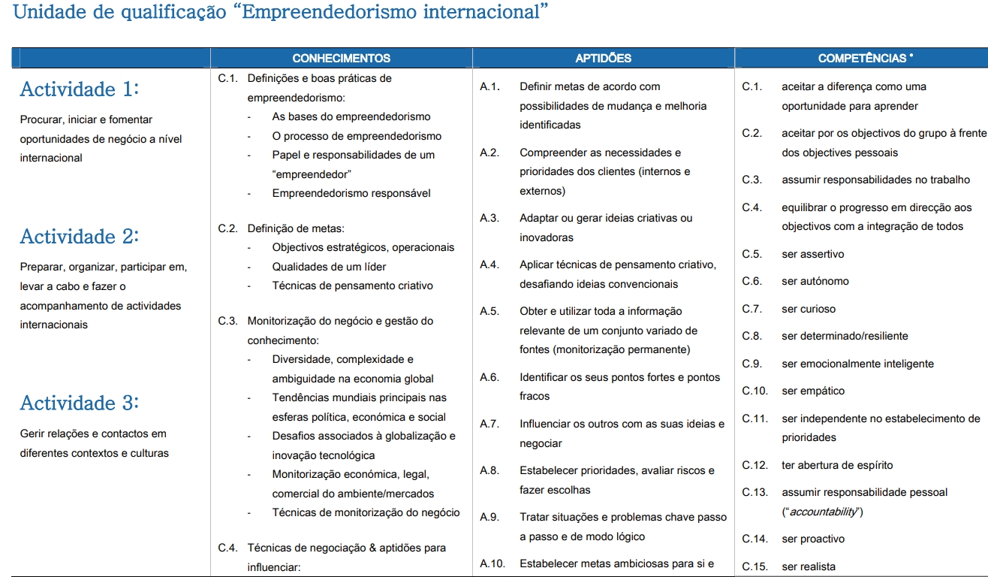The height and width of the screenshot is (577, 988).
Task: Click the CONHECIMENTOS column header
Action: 341,58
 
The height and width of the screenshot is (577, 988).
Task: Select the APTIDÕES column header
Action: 603,58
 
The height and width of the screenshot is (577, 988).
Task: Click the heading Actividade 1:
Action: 80,89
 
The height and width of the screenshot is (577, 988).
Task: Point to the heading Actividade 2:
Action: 80,237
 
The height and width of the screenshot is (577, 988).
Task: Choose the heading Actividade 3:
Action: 80,403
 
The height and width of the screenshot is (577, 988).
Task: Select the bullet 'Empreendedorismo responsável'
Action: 351,193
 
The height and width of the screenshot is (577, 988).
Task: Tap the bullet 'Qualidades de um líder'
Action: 330,267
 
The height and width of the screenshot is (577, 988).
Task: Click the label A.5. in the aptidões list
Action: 489,311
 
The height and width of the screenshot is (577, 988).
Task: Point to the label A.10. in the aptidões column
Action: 492,563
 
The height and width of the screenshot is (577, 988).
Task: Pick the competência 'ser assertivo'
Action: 813,254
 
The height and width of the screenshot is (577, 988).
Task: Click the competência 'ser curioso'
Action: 809,309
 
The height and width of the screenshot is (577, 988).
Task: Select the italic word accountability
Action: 823,512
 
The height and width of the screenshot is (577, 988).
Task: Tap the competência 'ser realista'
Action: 809,566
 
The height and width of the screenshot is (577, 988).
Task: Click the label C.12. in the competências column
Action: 755,465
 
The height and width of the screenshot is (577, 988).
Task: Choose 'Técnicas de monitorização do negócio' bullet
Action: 366,512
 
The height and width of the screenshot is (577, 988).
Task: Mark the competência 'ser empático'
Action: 813,391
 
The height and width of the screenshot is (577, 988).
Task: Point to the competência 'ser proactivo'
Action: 813,539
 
